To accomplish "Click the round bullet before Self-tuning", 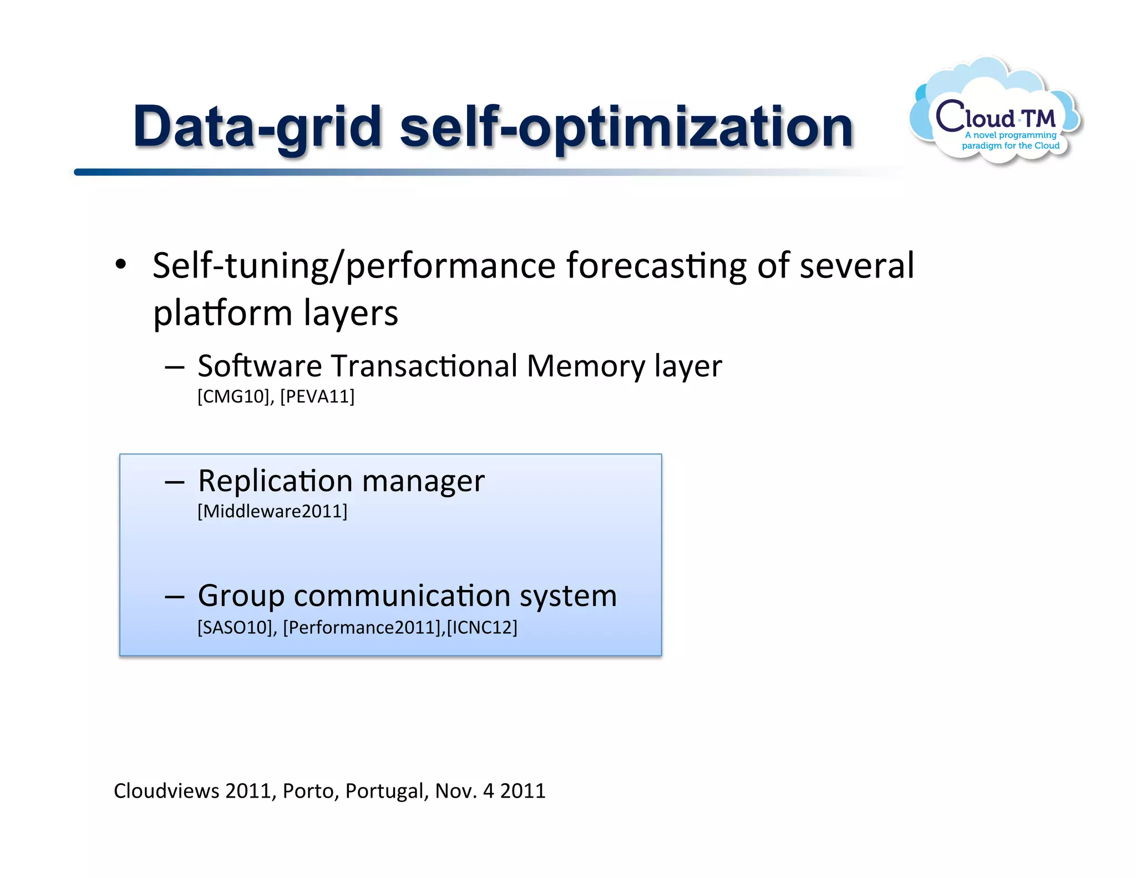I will pyautogui.click(x=121, y=265).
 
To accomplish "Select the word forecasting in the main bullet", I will pyautogui.click(x=657, y=266).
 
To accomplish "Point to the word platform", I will pyautogui.click(x=222, y=314).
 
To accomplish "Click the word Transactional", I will pyautogui.click(x=424, y=366).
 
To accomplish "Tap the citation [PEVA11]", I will pyautogui.click(x=317, y=397).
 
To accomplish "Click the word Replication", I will pyautogui.click(x=275, y=481).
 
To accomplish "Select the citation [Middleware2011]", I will pyautogui.click(x=272, y=511).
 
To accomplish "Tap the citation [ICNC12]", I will pyautogui.click(x=482, y=628).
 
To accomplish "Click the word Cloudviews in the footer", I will pyautogui.click(x=166, y=791).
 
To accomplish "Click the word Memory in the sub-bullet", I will pyautogui.click(x=586, y=366).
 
